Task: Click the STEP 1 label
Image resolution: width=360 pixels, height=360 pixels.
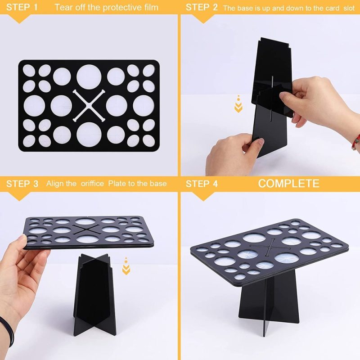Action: (x=22, y=7)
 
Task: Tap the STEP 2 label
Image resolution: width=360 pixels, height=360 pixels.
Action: (x=202, y=7)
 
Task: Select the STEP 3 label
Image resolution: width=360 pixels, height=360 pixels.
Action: (x=22, y=183)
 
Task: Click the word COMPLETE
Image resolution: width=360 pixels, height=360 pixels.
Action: (x=288, y=183)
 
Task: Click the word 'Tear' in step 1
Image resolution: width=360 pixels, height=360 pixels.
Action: (x=63, y=7)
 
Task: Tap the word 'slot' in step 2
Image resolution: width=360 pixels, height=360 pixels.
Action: (x=344, y=8)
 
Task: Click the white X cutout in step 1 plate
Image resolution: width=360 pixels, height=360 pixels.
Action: (x=89, y=105)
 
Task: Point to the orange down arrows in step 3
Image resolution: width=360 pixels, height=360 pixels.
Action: (x=126, y=268)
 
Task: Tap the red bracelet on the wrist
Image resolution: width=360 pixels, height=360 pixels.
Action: (x=355, y=142)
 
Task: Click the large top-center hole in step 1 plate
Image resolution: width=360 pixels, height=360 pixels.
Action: (x=89, y=77)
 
